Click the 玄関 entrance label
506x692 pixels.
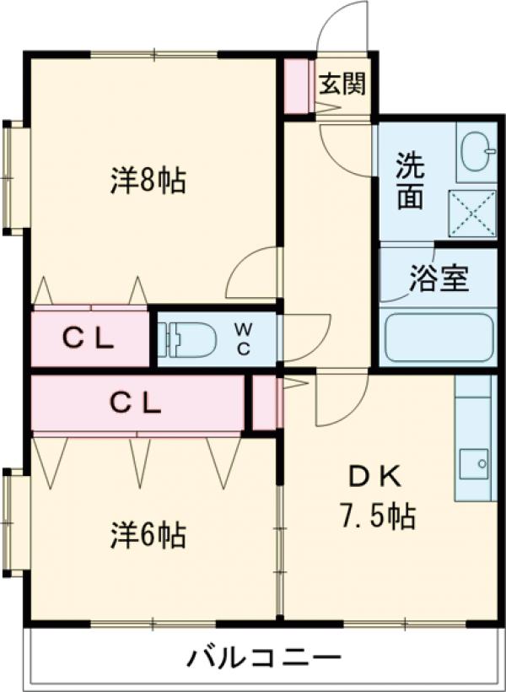tap(342, 84)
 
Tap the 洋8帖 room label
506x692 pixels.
tap(148, 180)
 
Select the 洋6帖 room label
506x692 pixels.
tap(148, 534)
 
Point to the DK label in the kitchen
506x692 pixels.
tap(375, 478)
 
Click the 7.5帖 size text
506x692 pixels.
tap(377, 516)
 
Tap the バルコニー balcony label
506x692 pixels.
tap(265, 659)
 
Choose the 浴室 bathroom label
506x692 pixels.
tap(439, 278)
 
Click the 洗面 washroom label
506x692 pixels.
tap(410, 181)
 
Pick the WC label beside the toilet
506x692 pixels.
tap(243, 339)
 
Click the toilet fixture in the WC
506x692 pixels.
tap(187, 339)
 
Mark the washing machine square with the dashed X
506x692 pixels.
tap(472, 214)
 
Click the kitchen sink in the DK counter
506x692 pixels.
tap(474, 464)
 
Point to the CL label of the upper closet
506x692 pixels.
tap(89, 339)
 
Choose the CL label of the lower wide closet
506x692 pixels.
tap(136, 403)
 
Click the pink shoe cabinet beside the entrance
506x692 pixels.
tap(298, 85)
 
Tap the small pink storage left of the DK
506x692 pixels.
tap(264, 402)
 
